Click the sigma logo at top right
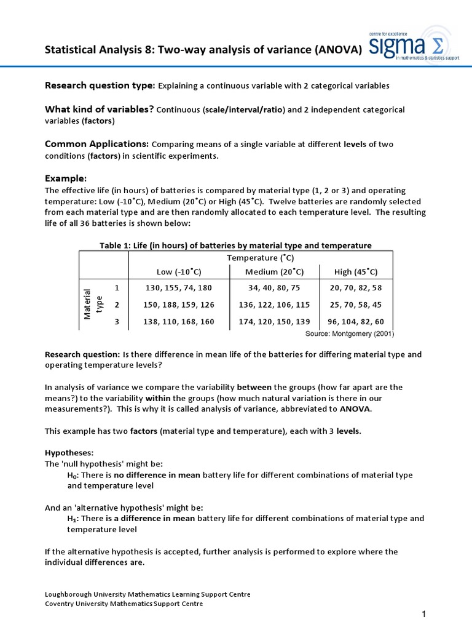tap(414, 45)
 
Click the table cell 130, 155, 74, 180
tap(178, 287)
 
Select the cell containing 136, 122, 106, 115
tap(274, 305)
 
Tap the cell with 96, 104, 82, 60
tap(355, 322)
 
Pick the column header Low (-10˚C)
tap(179, 271)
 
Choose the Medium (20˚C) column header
tap(274, 271)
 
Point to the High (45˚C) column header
tap(356, 271)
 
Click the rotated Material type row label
tap(92, 305)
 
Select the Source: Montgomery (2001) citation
tap(350, 334)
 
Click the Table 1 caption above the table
tap(235, 245)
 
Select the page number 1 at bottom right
tap(424, 615)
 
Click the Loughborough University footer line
tap(147, 594)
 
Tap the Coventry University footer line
tap(124, 604)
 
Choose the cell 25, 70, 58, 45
tap(355, 305)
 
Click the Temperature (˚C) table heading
tap(260, 258)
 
